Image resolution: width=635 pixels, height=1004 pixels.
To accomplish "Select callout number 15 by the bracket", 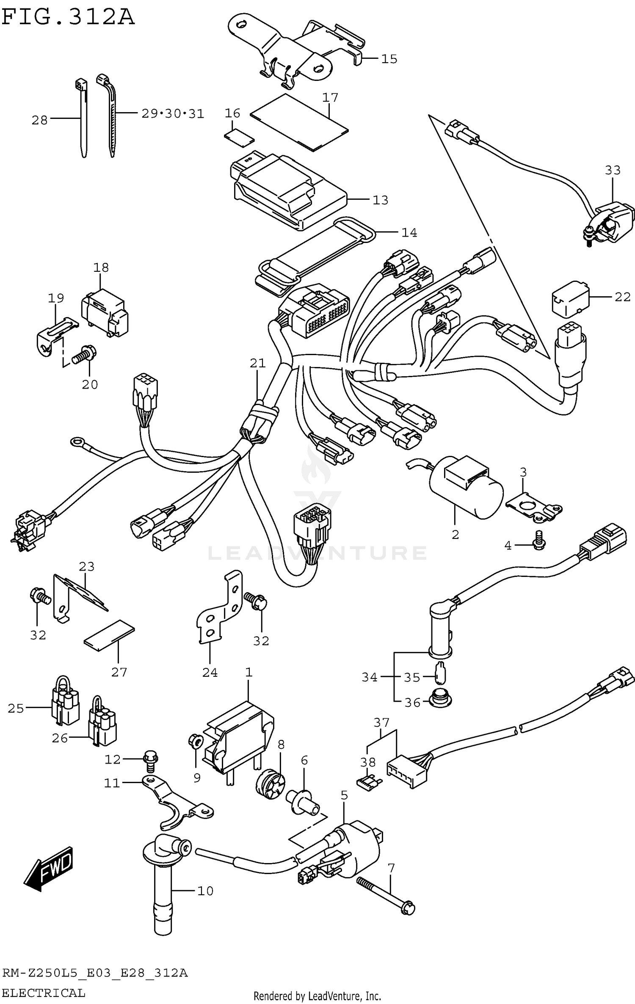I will pyautogui.click(x=389, y=59).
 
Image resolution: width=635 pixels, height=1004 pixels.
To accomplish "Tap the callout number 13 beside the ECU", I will pyautogui.click(x=380, y=200).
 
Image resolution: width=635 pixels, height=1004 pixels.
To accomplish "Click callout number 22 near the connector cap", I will pyautogui.click(x=622, y=297).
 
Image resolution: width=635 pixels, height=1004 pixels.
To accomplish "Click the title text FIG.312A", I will pyautogui.click(x=68, y=18).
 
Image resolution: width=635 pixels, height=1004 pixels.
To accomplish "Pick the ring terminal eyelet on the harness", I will pyautogui.click(x=77, y=442).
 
